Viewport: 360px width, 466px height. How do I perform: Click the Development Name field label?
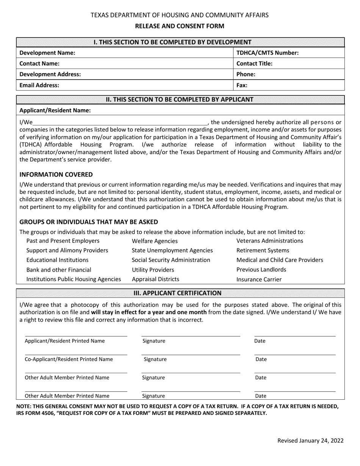[x=47, y=53]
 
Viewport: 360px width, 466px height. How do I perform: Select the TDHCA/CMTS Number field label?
[x=268, y=53]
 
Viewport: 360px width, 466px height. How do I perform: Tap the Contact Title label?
[x=255, y=64]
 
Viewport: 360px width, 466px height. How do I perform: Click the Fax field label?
[x=242, y=85]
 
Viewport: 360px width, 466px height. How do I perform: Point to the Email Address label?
[x=39, y=85]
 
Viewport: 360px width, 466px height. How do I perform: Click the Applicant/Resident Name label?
[x=55, y=110]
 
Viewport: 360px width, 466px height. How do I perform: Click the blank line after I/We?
[x=121, y=122]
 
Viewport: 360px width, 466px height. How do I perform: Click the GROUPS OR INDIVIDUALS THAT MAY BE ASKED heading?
[x=89, y=222]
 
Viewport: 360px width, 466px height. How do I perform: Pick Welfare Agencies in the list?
[x=155, y=241]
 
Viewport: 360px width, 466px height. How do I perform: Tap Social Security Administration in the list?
[x=171, y=260]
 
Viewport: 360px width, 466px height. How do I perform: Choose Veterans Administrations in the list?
[x=270, y=241]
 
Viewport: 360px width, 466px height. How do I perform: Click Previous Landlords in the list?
[x=261, y=269]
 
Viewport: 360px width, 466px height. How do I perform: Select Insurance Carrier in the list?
[x=259, y=280]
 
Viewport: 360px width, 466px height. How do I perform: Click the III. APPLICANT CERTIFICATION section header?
[x=180, y=293]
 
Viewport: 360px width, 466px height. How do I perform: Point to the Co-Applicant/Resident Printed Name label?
[x=69, y=359]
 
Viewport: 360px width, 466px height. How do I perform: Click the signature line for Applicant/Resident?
[x=191, y=336]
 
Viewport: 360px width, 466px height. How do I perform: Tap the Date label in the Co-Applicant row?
[x=261, y=359]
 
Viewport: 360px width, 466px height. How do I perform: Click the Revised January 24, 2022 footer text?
[x=310, y=440]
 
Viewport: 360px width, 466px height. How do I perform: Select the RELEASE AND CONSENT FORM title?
[x=180, y=26]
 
